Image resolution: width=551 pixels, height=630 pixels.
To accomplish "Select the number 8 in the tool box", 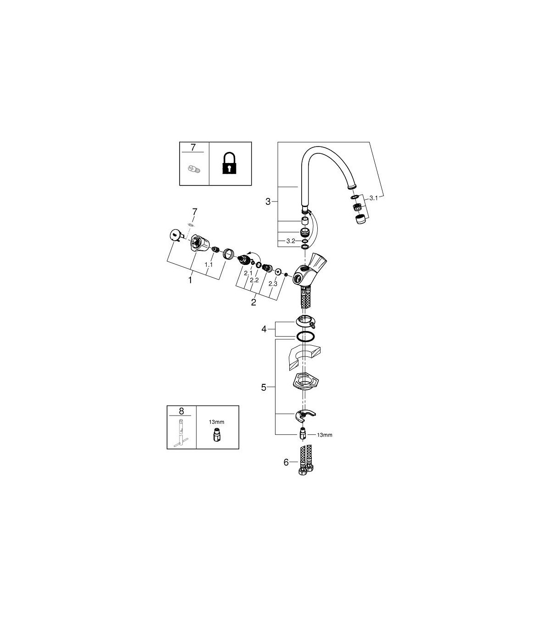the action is [181, 411].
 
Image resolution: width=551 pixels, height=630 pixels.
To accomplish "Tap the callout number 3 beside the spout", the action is [268, 202].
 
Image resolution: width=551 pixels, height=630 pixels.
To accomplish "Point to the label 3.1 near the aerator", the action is [373, 198].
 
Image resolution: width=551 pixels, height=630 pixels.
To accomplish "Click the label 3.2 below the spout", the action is [291, 241].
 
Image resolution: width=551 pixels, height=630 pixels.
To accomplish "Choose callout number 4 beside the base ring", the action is [264, 329].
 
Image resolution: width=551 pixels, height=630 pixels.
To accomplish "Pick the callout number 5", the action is [264, 388].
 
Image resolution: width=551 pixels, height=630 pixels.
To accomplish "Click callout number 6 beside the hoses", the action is [286, 462].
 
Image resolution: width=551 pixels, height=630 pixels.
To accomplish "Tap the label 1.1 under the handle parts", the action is [209, 264].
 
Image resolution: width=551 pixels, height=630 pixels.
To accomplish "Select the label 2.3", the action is [273, 284].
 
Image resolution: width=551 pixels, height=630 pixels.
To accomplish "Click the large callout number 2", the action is [253, 303].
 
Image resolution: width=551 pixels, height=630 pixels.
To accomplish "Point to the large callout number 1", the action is [190, 280].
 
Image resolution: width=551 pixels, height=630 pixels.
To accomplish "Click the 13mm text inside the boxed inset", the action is [216, 422].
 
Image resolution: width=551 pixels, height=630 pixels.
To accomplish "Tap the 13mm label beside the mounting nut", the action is [325, 435].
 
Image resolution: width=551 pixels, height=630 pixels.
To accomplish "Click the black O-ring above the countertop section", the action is [305, 337].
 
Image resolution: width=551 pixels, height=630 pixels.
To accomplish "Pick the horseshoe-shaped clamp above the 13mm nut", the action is [305, 416].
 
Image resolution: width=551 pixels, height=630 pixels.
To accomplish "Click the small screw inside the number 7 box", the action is [194, 169].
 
